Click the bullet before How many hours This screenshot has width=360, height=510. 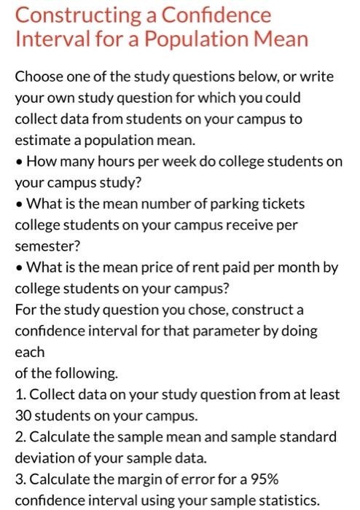click(18, 161)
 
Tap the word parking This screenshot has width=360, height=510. click(214, 203)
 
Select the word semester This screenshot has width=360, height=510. click(43, 246)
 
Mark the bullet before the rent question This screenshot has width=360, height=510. click(18, 267)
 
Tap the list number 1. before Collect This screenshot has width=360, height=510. click(19, 394)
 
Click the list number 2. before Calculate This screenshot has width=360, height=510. click(20, 437)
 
